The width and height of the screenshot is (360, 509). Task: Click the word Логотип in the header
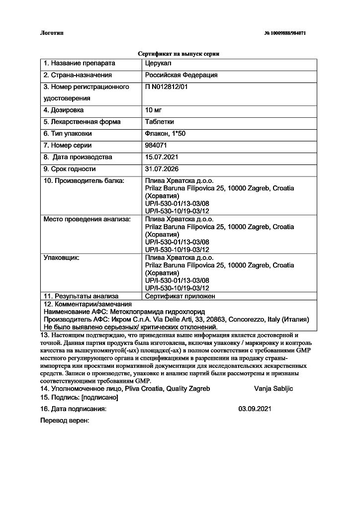click(x=52, y=33)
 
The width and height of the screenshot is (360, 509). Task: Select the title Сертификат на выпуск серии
click(x=179, y=53)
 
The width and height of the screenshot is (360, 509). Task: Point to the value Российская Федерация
click(x=181, y=75)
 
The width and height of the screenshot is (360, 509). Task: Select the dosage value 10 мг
click(x=154, y=110)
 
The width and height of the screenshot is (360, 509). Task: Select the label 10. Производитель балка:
click(x=84, y=181)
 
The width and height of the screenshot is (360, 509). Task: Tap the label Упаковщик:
click(x=62, y=258)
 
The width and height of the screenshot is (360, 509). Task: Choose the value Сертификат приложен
click(x=180, y=296)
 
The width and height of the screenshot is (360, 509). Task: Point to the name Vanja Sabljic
click(x=273, y=389)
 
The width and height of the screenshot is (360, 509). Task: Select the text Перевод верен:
click(x=65, y=421)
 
